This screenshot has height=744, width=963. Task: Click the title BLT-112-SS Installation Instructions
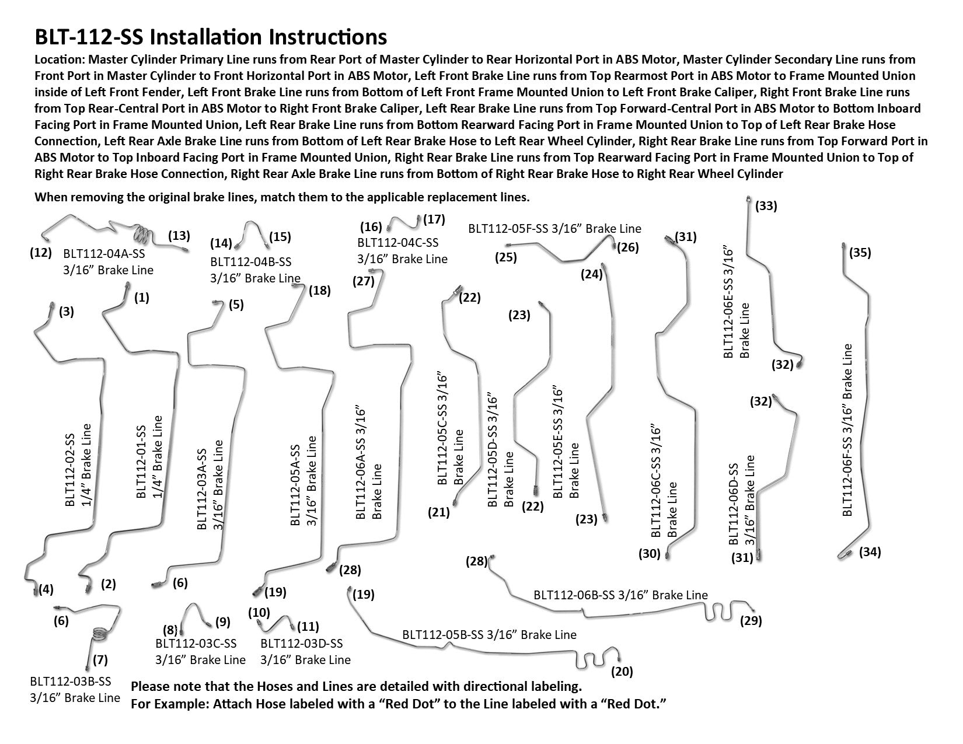click(211, 37)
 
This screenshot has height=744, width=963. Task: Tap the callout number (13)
click(179, 236)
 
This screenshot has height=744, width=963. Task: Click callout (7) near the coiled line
click(99, 660)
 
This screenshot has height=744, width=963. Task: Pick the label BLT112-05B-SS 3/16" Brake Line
click(489, 634)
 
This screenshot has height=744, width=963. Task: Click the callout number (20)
click(622, 671)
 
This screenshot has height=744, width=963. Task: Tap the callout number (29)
click(751, 621)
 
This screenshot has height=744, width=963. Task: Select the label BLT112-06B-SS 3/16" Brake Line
click(620, 595)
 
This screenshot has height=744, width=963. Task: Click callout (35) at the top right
click(860, 253)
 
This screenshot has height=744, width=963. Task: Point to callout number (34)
click(870, 551)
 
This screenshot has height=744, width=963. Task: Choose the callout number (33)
click(766, 206)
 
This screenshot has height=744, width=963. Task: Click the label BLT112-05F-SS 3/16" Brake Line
click(554, 229)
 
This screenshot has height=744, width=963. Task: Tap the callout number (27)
click(363, 281)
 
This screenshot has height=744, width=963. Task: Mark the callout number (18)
click(319, 290)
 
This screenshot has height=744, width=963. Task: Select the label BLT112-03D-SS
click(302, 644)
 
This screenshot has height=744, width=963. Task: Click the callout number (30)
click(648, 554)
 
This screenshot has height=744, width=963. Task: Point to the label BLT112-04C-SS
click(398, 243)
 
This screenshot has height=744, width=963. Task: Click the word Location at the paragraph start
click(59, 60)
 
